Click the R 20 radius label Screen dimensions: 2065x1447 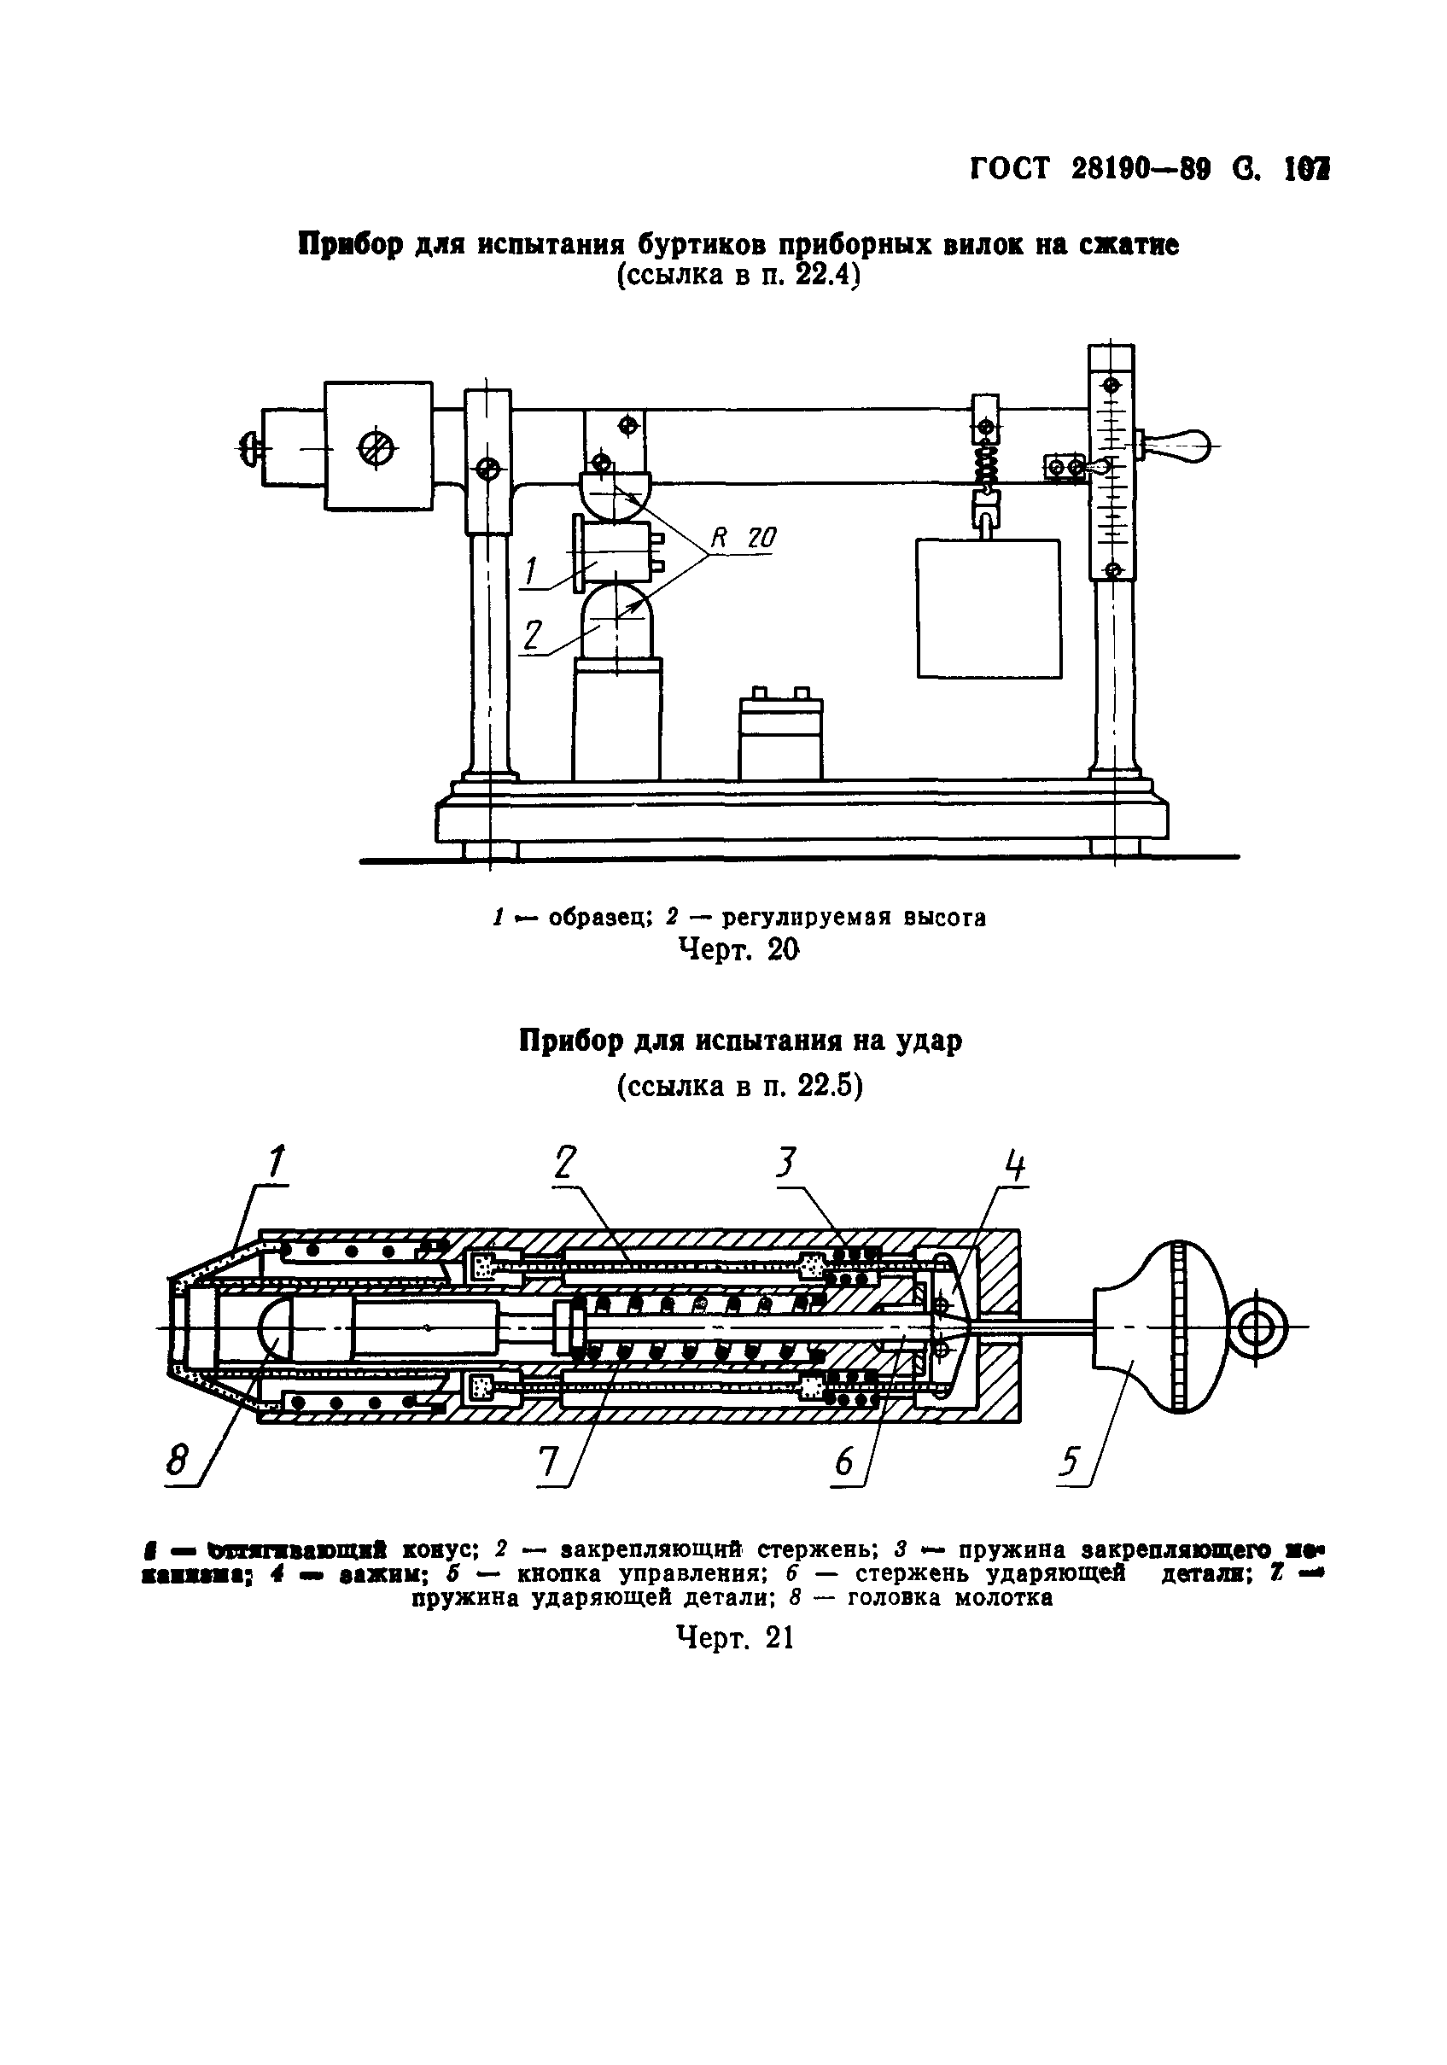743,538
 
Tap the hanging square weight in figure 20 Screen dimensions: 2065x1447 988,608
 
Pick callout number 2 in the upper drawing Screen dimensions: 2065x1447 533,637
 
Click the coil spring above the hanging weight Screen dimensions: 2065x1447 987,468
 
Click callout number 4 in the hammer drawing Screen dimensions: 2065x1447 1013,1168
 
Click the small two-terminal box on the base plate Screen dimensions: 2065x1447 779,735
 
